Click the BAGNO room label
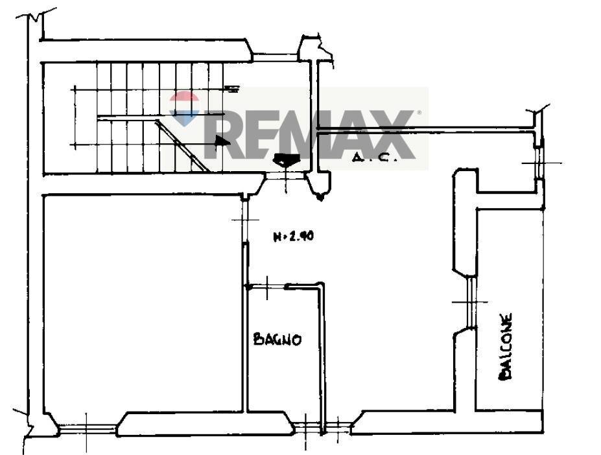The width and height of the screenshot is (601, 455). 277,339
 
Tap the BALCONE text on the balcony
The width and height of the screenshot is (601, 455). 505,347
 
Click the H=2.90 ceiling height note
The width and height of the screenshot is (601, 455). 293,237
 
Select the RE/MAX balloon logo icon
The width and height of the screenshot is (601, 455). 184,108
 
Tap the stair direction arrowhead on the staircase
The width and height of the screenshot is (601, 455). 222,140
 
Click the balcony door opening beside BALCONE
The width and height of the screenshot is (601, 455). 470,303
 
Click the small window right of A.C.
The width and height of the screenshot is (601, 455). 539,162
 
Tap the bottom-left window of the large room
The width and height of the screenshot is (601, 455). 88,428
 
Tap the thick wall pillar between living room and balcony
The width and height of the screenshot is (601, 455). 464,220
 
